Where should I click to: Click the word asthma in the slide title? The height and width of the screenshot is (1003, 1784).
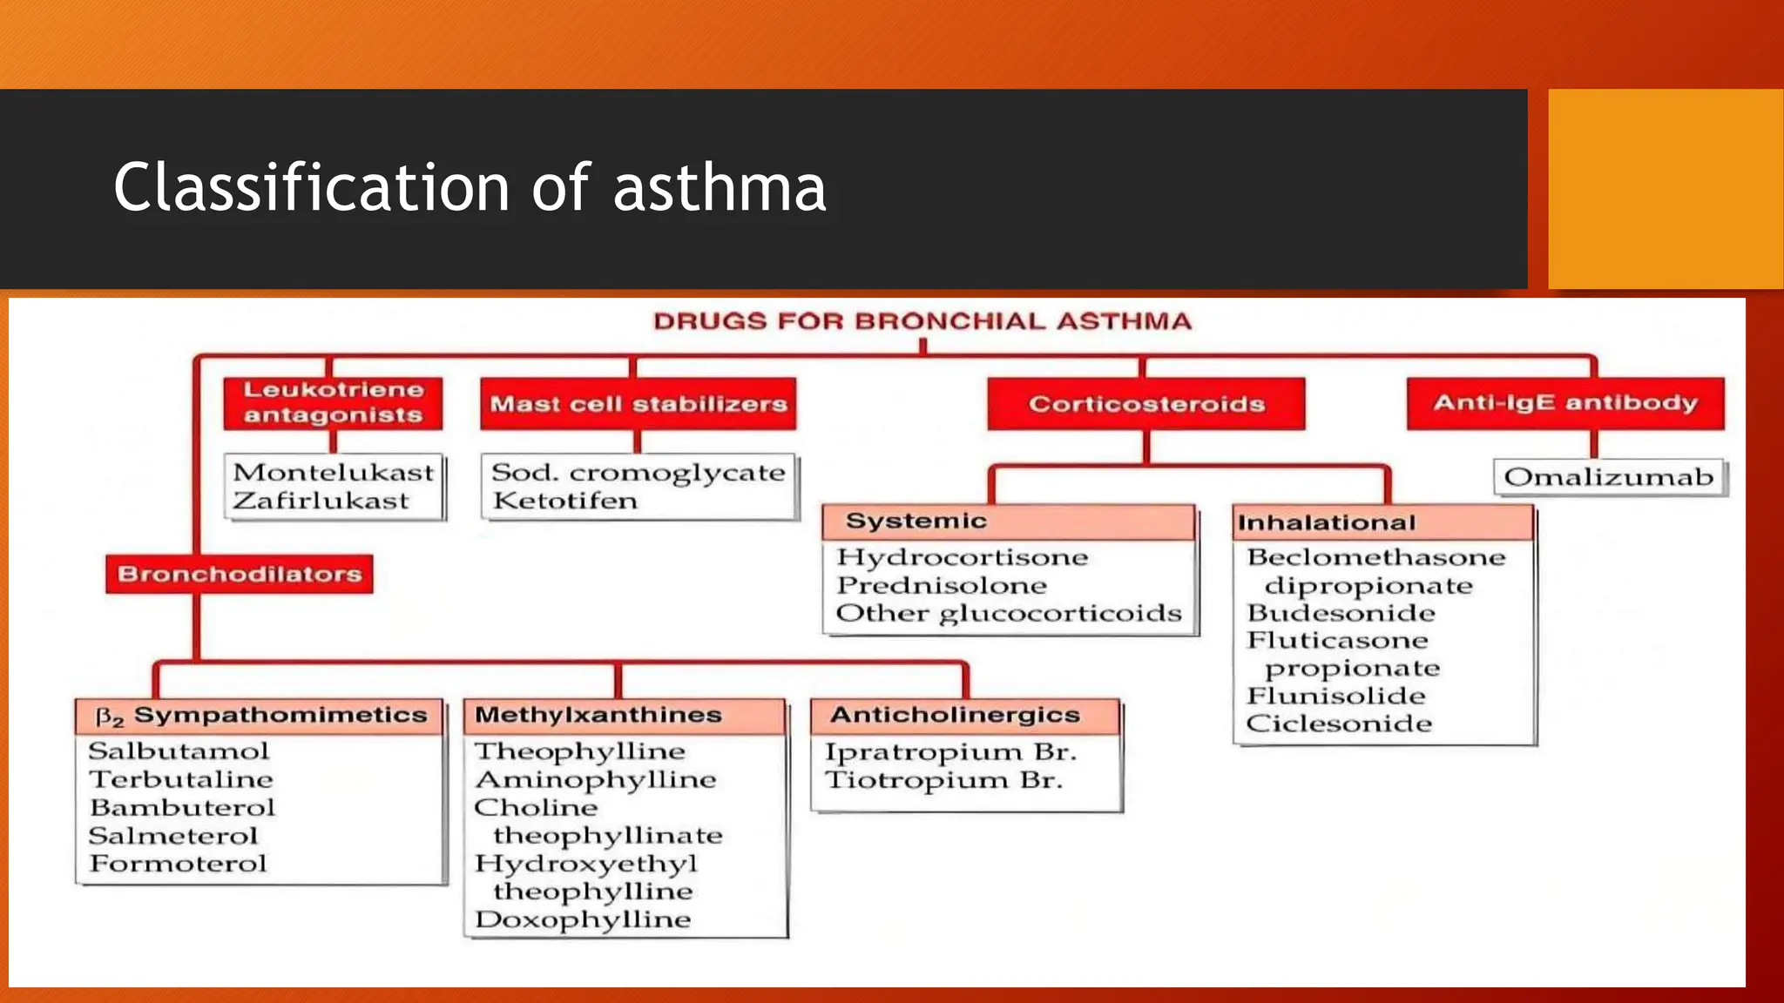point(720,188)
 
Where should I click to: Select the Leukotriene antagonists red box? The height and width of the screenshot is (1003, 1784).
point(333,402)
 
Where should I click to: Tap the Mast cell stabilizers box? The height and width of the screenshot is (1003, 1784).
point(638,404)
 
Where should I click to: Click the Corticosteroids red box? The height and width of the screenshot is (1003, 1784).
point(1145,404)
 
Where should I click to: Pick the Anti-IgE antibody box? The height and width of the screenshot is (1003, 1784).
point(1565,403)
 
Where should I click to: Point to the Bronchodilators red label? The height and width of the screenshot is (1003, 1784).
point(240,574)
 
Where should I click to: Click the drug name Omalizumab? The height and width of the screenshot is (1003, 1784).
point(1608,477)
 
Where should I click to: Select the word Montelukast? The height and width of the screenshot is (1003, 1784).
point(333,472)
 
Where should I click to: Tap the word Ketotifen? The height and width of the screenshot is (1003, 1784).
point(564,501)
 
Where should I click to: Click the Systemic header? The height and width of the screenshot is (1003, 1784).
point(916,521)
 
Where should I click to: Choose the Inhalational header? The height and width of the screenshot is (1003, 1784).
point(1326,522)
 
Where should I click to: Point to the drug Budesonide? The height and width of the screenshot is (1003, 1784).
point(1341,613)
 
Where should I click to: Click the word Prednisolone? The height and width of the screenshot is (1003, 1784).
point(941,585)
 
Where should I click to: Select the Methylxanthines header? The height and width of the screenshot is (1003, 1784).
point(598,715)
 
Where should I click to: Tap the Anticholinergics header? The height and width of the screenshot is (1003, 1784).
point(955,715)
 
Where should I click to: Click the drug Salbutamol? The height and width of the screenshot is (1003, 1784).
point(179,751)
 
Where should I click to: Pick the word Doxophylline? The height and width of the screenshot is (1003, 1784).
point(582,919)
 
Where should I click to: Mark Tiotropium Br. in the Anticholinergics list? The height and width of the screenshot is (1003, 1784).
point(943,780)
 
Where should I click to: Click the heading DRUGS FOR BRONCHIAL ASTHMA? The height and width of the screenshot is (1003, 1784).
point(922,321)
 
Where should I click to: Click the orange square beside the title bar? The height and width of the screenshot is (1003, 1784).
point(1665,189)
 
